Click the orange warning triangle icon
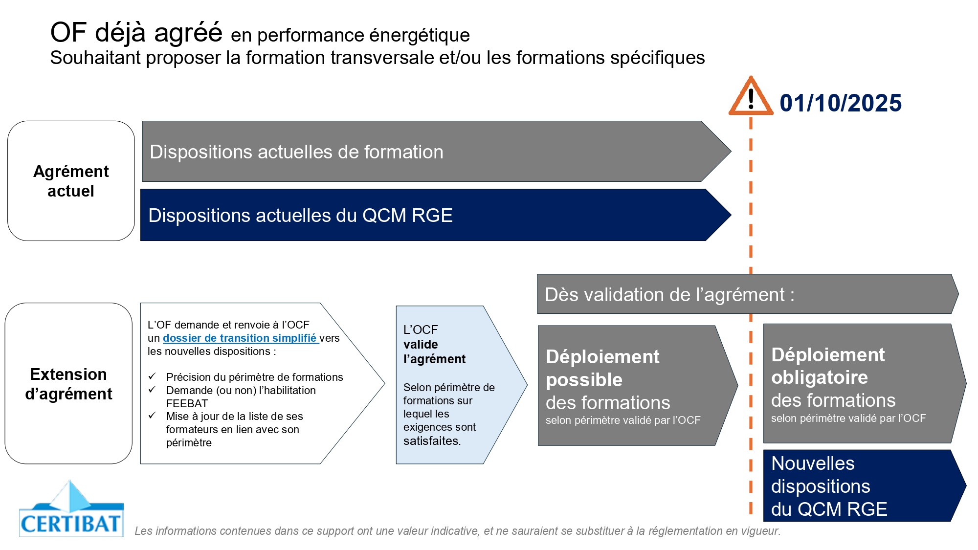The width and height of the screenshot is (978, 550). click(751, 96)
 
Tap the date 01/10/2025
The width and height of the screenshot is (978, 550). click(841, 103)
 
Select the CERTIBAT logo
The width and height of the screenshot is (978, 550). click(71, 508)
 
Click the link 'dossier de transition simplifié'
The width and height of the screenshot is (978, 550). click(241, 338)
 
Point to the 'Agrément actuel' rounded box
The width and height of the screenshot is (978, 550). click(71, 181)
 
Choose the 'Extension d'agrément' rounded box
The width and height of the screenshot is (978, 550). click(68, 383)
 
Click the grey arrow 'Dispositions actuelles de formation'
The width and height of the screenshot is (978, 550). click(436, 152)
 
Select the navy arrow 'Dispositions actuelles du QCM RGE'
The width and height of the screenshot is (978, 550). click(435, 215)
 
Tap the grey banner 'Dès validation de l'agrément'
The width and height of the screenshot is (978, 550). click(748, 294)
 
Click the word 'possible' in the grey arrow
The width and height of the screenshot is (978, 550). click(584, 380)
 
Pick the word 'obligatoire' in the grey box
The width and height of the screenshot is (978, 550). click(820, 377)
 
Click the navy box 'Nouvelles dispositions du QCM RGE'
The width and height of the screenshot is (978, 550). click(865, 485)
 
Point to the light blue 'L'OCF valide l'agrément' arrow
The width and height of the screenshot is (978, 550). click(461, 385)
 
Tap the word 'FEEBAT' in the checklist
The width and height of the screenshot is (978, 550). click(187, 403)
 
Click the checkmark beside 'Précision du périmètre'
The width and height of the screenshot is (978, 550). click(152, 376)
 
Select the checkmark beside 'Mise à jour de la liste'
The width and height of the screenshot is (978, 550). click(152, 415)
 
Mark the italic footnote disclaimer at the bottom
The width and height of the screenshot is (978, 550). click(457, 531)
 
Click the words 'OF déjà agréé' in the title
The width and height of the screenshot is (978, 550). click(136, 32)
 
